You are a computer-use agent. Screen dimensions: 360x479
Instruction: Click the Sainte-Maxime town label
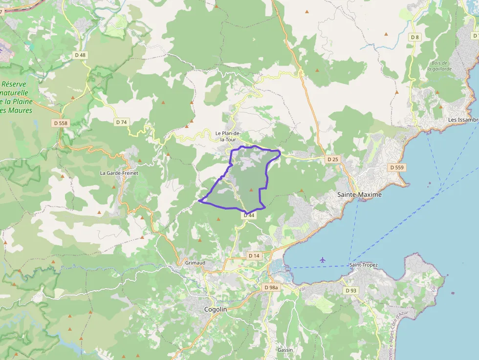point(359,194)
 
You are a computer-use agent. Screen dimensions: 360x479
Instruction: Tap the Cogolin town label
point(215,310)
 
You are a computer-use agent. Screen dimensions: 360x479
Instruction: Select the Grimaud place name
point(196,263)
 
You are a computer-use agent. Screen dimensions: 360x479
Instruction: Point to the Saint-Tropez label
point(363,265)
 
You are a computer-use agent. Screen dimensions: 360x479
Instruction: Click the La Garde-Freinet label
point(119,173)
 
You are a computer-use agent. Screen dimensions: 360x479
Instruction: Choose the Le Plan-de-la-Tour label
point(228,136)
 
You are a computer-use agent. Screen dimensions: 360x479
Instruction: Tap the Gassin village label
point(285,350)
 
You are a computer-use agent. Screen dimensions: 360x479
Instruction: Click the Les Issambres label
point(463,120)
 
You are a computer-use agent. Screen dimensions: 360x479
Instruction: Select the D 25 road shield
point(332,159)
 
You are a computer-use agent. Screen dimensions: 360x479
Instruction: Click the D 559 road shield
point(397,167)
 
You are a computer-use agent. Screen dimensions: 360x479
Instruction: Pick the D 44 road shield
point(249,215)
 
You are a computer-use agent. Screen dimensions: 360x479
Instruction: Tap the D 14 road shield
point(254,255)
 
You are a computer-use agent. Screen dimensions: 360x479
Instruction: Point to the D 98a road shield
point(271,288)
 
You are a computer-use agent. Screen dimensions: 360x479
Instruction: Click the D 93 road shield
point(351,290)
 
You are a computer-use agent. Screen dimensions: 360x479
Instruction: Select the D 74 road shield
point(121,122)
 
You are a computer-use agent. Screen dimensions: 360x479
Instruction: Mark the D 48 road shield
point(80,55)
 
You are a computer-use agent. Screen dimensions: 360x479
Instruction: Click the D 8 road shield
point(415,37)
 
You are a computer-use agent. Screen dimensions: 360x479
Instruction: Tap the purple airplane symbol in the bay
point(322,259)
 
